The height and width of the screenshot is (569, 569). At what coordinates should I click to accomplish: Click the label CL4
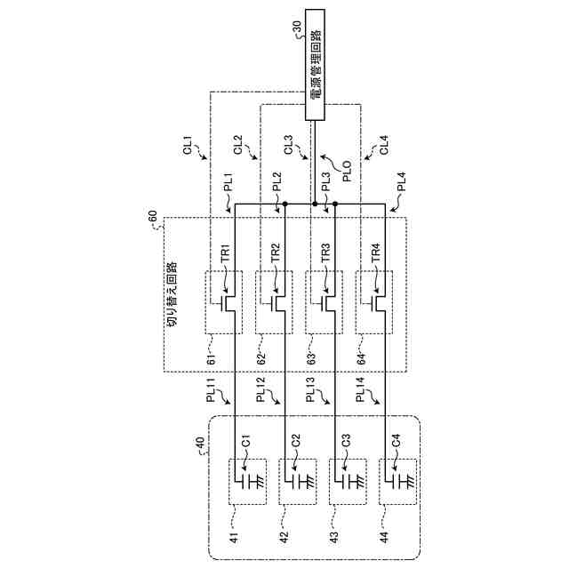(x=383, y=145)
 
